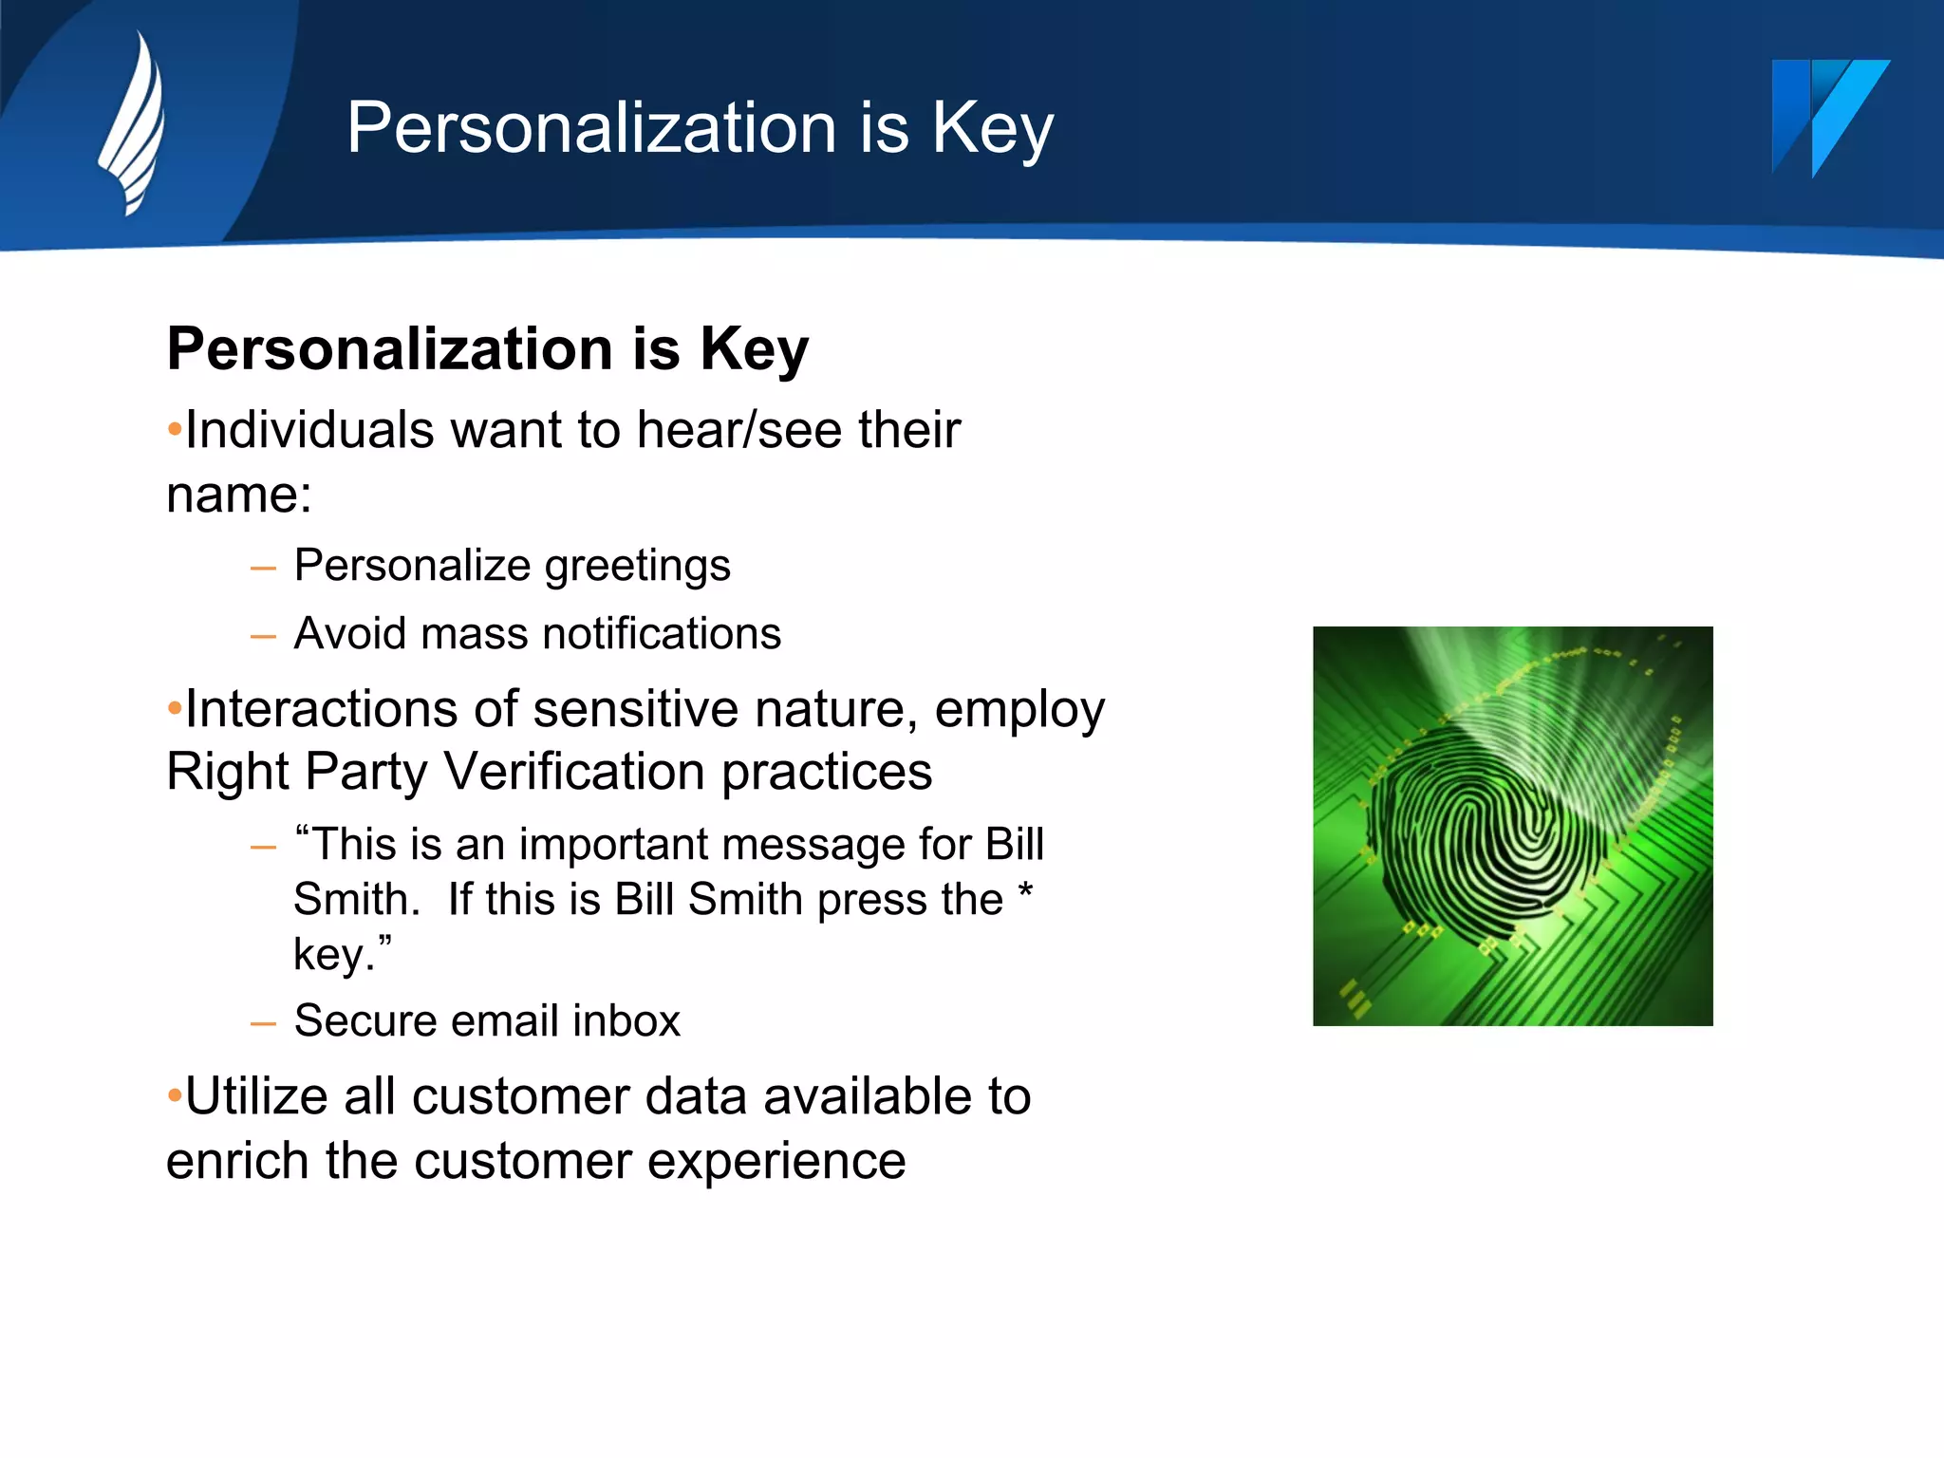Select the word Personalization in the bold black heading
click(390, 348)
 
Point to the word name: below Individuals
click(238, 495)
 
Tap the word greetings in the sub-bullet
click(637, 567)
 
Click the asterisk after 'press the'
click(1025, 892)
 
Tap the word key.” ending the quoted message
click(342, 955)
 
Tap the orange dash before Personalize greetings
click(263, 570)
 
